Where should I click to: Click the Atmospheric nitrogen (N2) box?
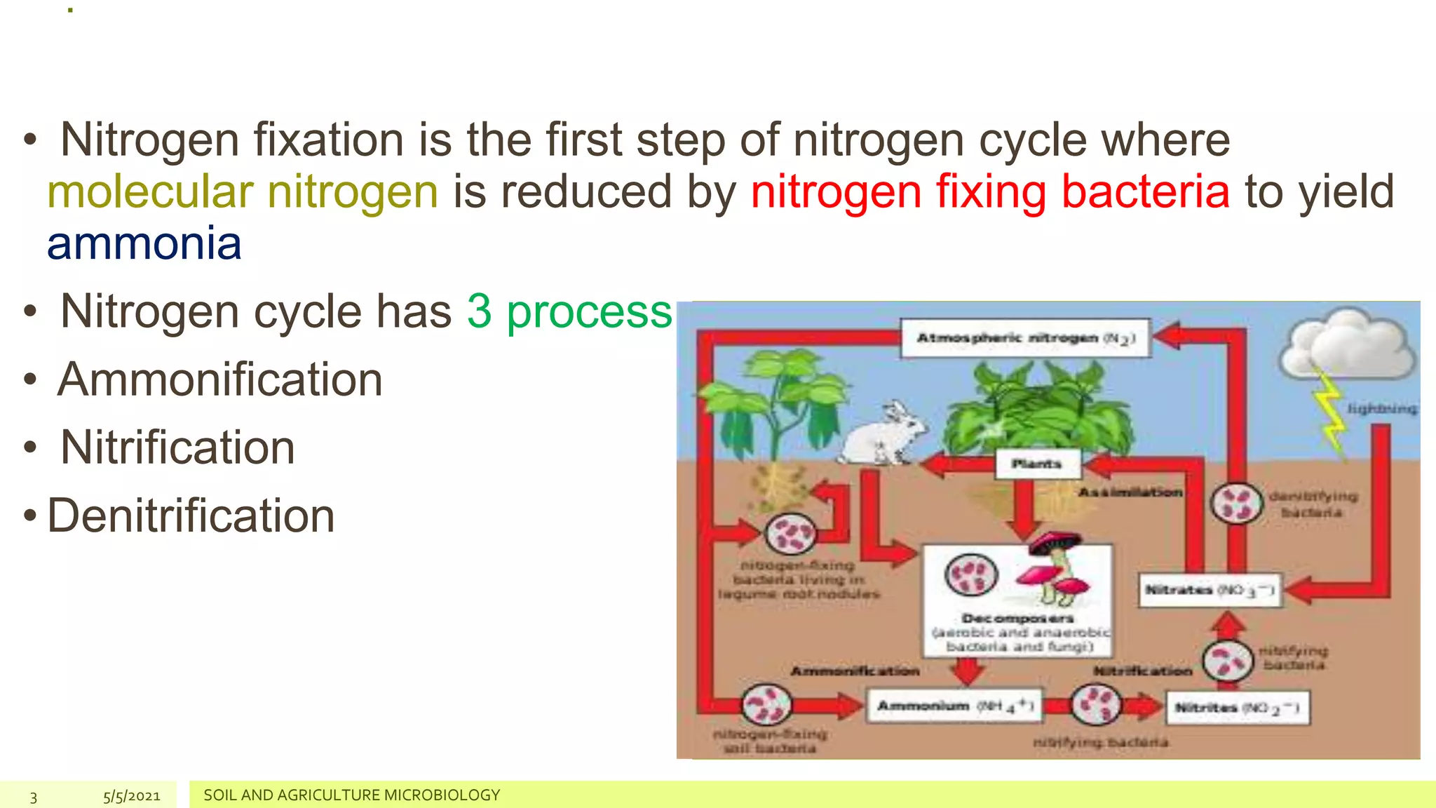click(1025, 339)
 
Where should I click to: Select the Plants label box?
click(1037, 464)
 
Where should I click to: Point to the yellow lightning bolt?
click(1329, 414)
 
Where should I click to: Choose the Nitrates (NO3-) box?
click(1209, 590)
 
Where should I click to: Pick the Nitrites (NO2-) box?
click(1237, 708)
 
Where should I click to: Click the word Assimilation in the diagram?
click(1130, 492)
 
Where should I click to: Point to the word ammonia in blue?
click(144, 243)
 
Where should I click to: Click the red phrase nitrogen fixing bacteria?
click(989, 191)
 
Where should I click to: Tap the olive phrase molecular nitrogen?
click(243, 191)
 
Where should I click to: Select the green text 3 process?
click(569, 311)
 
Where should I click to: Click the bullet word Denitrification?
click(191, 516)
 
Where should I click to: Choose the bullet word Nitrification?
click(177, 447)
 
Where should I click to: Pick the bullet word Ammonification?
click(220, 379)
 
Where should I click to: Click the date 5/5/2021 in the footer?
click(132, 796)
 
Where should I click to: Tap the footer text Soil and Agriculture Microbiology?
click(351, 795)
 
